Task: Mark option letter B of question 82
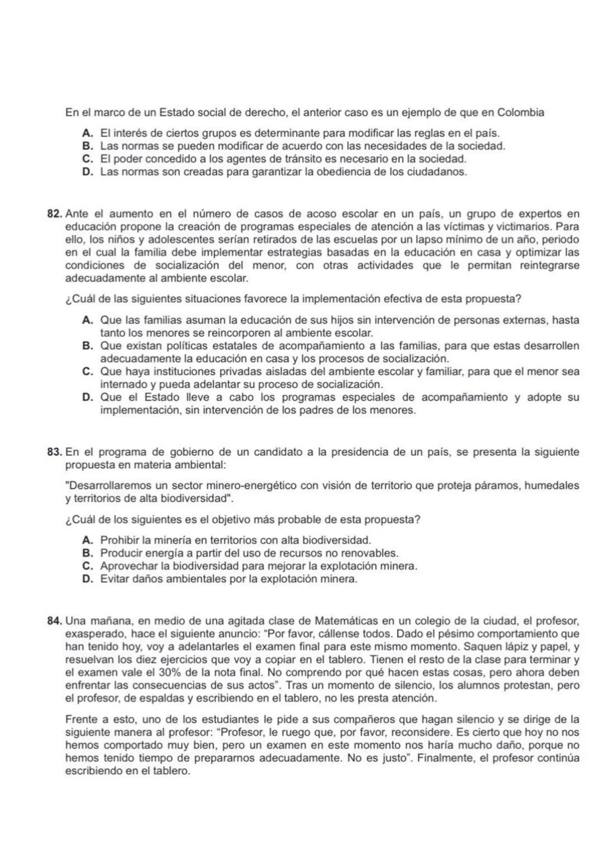click(88, 346)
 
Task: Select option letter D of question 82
click(88, 397)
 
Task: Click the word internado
click(122, 385)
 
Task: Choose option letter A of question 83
click(88, 541)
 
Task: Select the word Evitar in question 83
click(114, 579)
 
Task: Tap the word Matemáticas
click(343, 622)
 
